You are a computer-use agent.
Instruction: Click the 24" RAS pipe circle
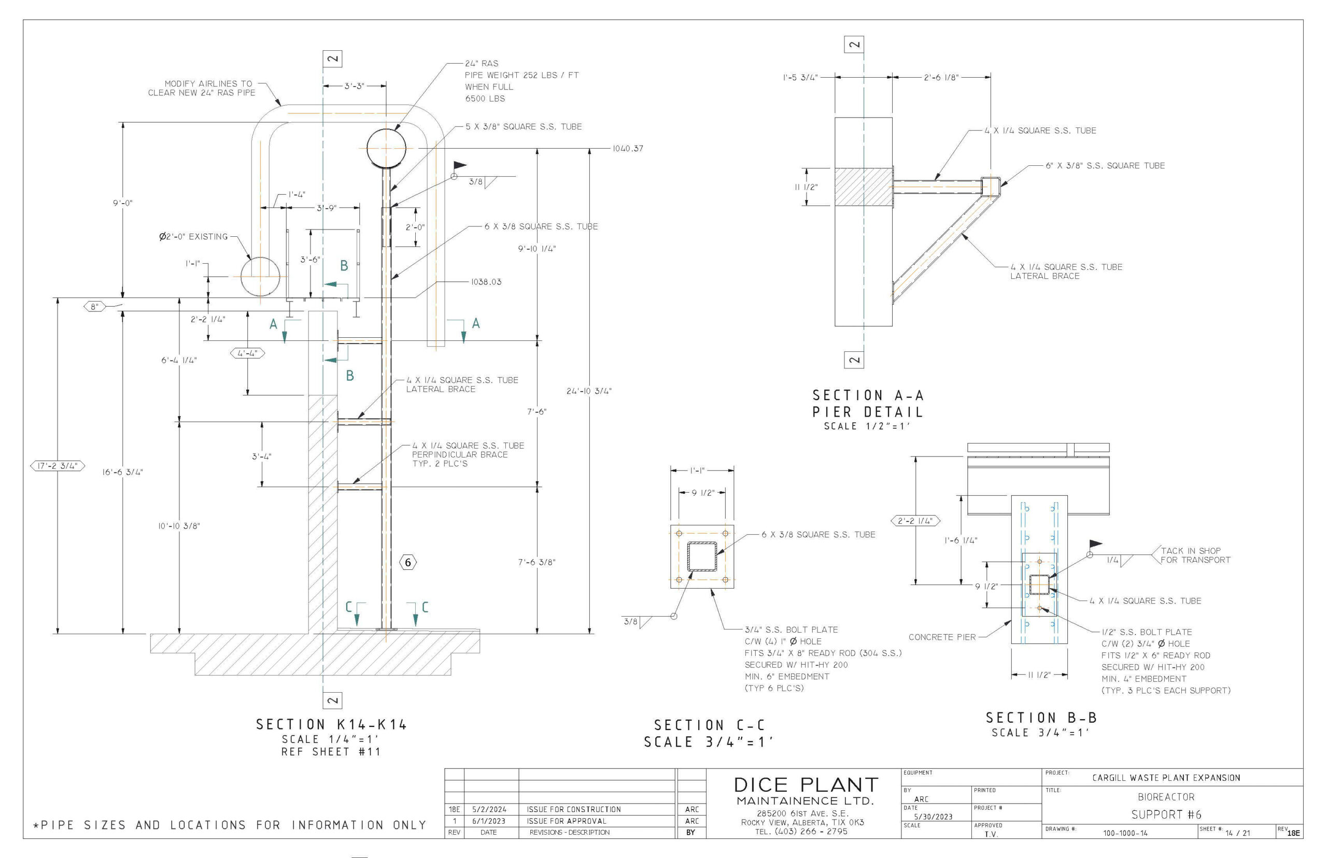[x=386, y=129]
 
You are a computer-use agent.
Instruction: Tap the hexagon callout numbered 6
[x=408, y=562]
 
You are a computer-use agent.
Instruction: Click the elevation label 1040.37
[x=628, y=149]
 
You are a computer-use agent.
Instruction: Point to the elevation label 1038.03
[x=486, y=282]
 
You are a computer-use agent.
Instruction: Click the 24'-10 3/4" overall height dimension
[x=589, y=391]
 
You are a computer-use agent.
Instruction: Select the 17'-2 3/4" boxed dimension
[x=58, y=466]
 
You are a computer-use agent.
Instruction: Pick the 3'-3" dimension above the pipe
[x=354, y=86]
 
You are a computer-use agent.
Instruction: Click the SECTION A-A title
[x=868, y=395]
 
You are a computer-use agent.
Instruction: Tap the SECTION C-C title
[x=710, y=725]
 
